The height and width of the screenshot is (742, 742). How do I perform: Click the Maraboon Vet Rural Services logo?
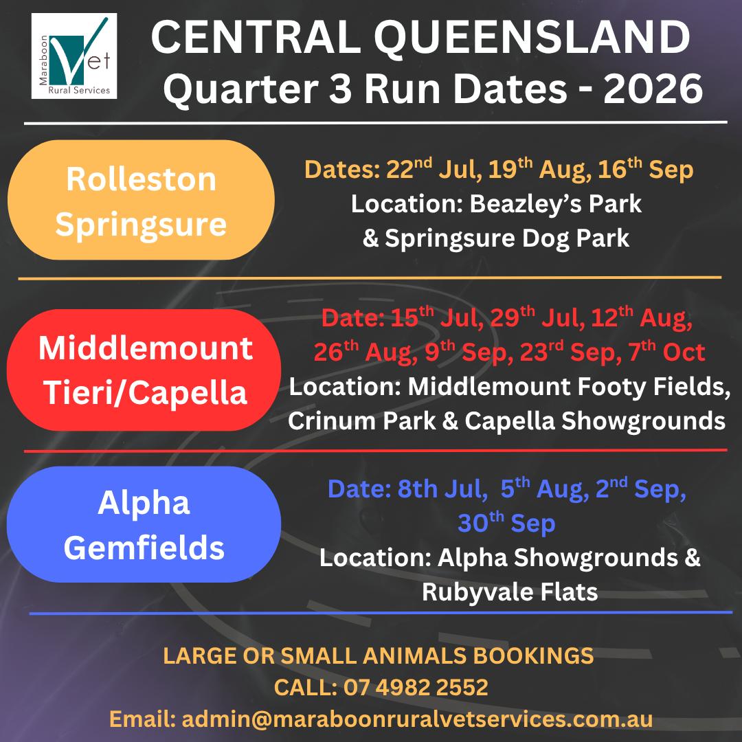tap(74, 56)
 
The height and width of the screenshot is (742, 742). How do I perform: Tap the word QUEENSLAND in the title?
tap(532, 38)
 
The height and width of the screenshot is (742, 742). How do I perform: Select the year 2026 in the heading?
tap(653, 89)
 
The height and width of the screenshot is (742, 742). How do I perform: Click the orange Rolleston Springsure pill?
tap(141, 200)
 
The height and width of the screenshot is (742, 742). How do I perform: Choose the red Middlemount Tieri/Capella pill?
tap(144, 370)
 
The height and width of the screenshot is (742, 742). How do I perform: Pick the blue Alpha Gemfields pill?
tap(144, 524)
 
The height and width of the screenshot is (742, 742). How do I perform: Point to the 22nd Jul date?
tap(433, 169)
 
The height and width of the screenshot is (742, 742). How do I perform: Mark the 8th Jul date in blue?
tap(442, 488)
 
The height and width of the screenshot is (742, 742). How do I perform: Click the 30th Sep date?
tap(506, 523)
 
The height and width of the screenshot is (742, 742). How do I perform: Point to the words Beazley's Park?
tap(556, 204)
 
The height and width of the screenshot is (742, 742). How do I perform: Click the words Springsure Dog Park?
tap(507, 238)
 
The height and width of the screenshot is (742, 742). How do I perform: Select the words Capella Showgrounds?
tap(595, 420)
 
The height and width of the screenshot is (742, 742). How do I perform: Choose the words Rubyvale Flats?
tap(510, 592)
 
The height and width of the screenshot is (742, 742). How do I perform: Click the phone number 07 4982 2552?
tap(416, 687)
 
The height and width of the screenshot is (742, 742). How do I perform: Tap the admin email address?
tap(418, 719)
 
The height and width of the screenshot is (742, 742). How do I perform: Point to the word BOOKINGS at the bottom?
tap(533, 655)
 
